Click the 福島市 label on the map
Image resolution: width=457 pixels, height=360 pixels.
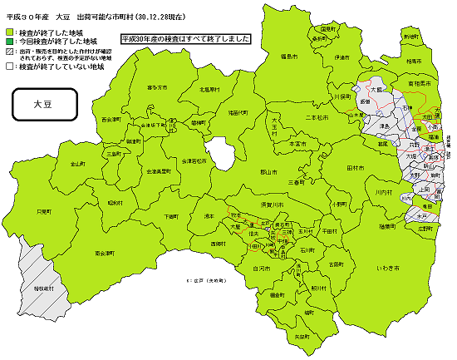point(289,56)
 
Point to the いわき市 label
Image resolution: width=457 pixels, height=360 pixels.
point(386,269)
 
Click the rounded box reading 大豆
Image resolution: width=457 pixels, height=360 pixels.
point(42,106)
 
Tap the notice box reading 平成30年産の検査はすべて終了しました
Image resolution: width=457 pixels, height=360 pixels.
point(184,39)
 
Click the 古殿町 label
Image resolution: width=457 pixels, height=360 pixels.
point(336,264)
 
